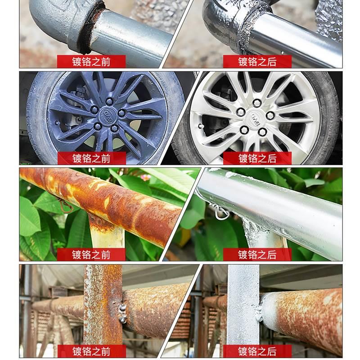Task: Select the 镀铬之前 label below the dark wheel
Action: pos(91,158)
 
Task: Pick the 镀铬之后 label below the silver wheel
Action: pos(257,158)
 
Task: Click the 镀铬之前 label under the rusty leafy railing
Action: pos(91,254)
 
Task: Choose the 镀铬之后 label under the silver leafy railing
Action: pos(257,254)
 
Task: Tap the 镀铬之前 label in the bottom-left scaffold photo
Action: pos(91,351)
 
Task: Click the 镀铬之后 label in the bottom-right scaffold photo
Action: pos(257,351)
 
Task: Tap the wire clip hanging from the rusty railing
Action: pos(67,206)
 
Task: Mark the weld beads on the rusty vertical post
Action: pos(121,312)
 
